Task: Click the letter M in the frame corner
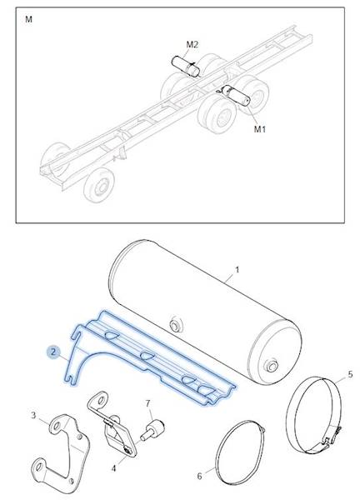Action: point(28,19)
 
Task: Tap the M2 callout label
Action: point(192,45)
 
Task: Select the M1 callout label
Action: point(260,129)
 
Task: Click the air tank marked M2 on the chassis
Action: point(186,67)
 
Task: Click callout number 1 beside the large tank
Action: point(237,270)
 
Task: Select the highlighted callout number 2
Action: point(53,352)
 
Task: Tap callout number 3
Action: point(33,416)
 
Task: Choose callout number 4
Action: point(114,468)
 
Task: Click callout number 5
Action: point(350,374)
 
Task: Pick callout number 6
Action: point(200,476)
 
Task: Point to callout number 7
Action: point(147,403)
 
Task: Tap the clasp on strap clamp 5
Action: point(332,436)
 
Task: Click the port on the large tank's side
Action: point(175,325)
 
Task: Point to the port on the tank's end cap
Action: point(272,366)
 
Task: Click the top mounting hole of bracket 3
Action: point(57,426)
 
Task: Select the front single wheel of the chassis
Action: point(98,186)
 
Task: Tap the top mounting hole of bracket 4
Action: point(101,401)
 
